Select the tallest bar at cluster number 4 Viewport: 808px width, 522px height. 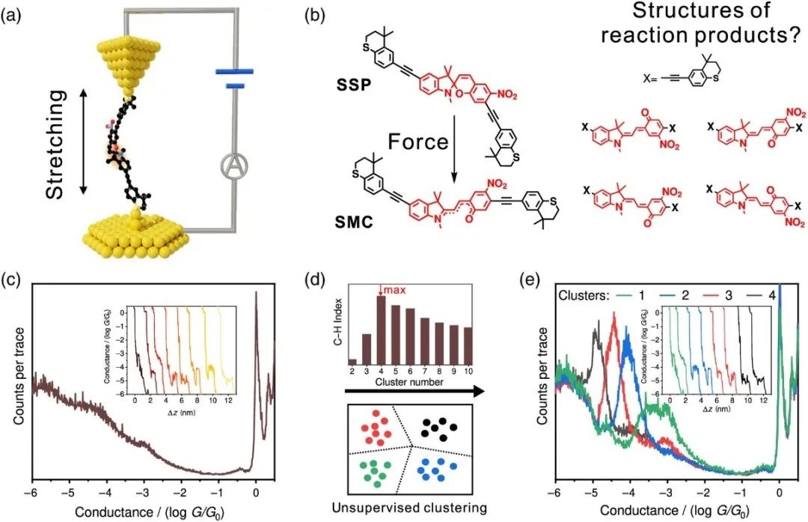[381, 329]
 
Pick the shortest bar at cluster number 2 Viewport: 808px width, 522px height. [352, 362]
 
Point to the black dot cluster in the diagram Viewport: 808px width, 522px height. [435, 428]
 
